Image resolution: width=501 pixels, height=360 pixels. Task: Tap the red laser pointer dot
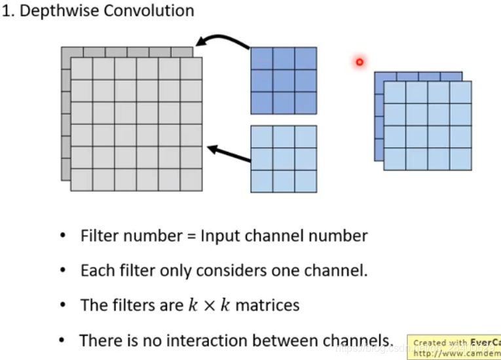[359, 62]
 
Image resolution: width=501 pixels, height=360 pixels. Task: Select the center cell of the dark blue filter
[284, 81]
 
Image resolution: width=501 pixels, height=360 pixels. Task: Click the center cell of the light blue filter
[284, 159]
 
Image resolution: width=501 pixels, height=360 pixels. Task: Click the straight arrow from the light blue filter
[229, 154]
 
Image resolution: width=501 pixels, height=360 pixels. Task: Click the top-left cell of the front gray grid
[81, 69]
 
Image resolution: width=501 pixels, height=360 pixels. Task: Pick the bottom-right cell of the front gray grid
[191, 179]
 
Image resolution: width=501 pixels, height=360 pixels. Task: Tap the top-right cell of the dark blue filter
[306, 58]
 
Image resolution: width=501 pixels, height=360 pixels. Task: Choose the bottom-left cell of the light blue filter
[262, 181]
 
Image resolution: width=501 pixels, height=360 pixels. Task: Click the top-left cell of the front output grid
[394, 92]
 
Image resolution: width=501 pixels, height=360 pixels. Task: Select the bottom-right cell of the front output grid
[460, 159]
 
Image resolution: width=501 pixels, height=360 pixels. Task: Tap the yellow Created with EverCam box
[454, 348]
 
